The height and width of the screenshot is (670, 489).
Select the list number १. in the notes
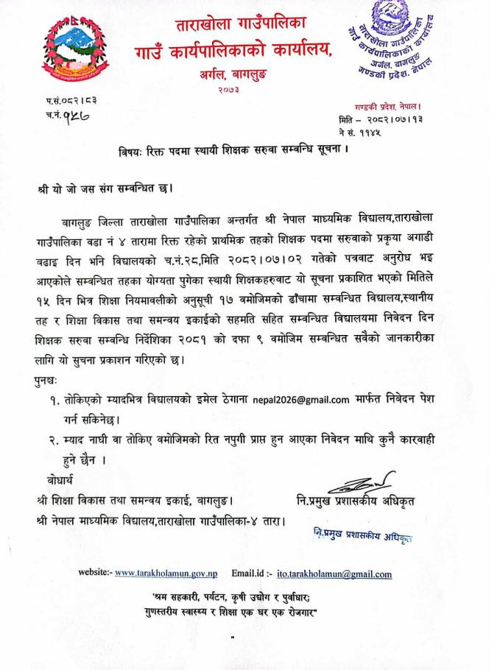click(77, 399)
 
